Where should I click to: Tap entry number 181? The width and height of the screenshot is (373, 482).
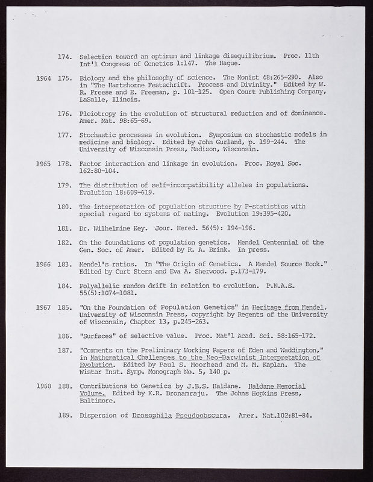[x=65, y=229]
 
